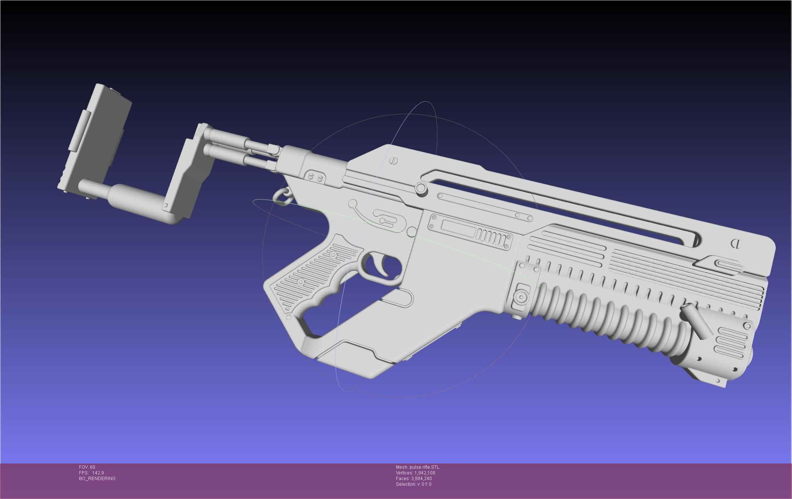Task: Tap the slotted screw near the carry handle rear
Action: click(394, 161)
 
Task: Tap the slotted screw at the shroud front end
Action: click(736, 243)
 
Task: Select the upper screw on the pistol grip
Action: click(333, 255)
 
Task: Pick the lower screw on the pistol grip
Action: click(301, 282)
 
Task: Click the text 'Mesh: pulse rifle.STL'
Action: click(418, 467)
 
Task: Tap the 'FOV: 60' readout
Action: click(87, 467)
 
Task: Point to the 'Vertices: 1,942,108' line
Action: click(415, 473)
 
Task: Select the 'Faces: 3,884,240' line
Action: click(414, 479)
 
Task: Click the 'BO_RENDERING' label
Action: click(97, 479)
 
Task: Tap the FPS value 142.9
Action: click(98, 473)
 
